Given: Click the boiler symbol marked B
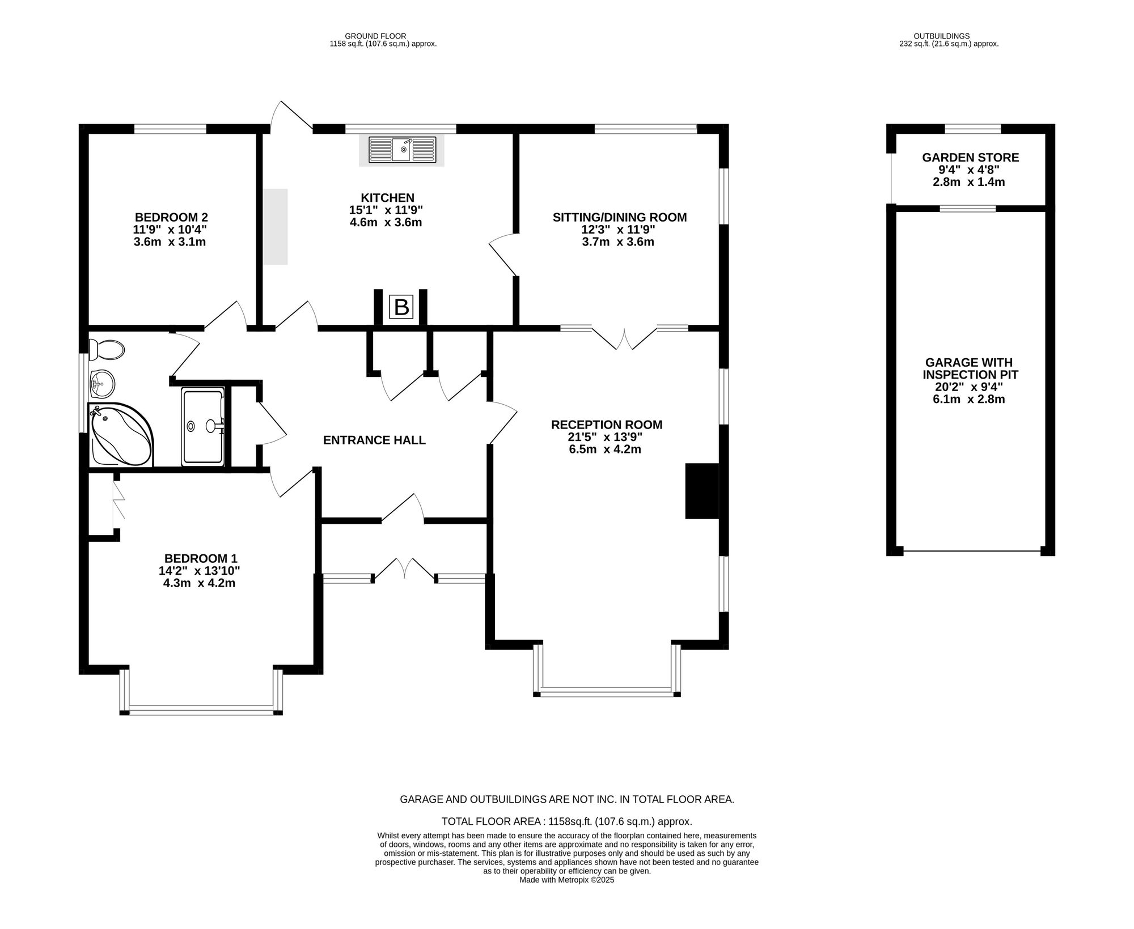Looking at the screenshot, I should [x=401, y=307].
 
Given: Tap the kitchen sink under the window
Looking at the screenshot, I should [x=402, y=150].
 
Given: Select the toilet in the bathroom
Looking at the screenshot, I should [x=106, y=349].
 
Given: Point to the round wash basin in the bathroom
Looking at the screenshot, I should [x=102, y=384].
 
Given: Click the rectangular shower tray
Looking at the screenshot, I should [x=203, y=427].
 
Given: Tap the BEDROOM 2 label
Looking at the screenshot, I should [x=171, y=217].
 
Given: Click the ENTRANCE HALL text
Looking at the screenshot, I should [x=374, y=440].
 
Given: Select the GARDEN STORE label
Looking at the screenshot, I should [x=970, y=158].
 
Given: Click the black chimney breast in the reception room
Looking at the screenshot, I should [x=702, y=491].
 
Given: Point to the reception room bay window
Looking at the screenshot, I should [x=607, y=690].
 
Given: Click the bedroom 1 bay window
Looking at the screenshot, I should [x=201, y=709].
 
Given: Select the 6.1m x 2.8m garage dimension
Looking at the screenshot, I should [x=969, y=399].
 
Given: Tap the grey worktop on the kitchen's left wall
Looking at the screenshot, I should [x=275, y=227].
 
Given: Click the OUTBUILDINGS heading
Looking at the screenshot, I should [x=949, y=36].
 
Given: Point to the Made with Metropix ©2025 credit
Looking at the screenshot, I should [x=566, y=880].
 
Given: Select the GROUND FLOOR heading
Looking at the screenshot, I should [x=383, y=36].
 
